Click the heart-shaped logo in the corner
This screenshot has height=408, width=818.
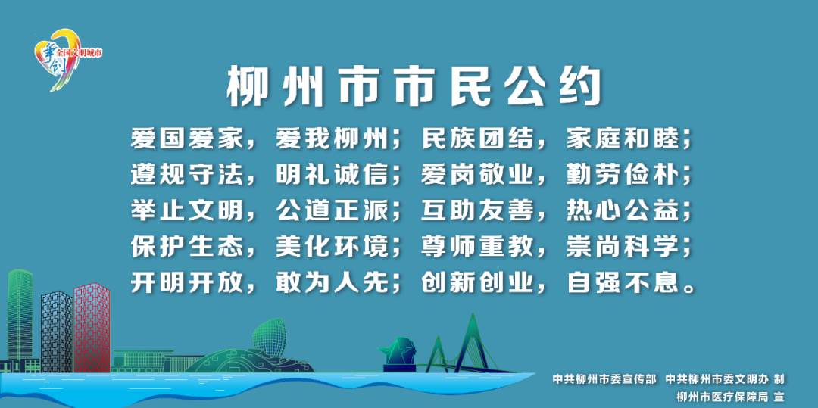click(x=58, y=59)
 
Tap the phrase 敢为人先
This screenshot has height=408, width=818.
click(x=332, y=283)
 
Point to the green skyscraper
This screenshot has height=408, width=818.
click(x=20, y=318)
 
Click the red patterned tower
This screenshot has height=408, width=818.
click(x=92, y=328)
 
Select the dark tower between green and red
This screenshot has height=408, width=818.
click(x=56, y=332)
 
